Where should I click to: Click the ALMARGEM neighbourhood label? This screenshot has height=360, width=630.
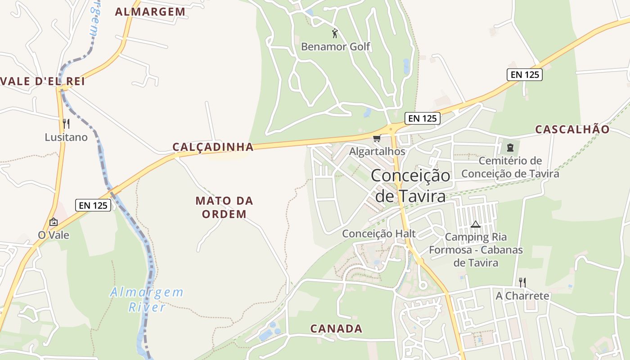[x=150, y=12]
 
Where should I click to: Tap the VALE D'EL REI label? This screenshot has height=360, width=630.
[x=43, y=81]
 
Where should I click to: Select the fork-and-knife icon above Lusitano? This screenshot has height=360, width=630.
[x=66, y=124]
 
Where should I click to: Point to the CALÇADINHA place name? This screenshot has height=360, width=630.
[x=213, y=147]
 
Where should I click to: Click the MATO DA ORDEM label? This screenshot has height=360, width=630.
[x=224, y=207]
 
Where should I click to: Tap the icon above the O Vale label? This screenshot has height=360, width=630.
[x=54, y=222]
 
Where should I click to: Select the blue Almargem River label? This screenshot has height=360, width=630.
[x=147, y=300]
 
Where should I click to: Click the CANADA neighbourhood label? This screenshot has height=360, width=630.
[x=336, y=328]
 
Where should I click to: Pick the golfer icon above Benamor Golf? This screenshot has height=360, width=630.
[x=335, y=33]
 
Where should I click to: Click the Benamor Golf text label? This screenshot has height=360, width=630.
[x=336, y=46]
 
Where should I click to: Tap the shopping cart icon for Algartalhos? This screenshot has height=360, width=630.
[x=377, y=139]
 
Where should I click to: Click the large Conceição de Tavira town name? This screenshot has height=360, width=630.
[x=410, y=185]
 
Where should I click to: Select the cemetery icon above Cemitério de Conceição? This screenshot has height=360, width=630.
[x=510, y=147]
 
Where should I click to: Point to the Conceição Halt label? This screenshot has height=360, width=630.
[x=379, y=234]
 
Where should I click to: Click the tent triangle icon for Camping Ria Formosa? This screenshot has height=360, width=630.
[x=476, y=224]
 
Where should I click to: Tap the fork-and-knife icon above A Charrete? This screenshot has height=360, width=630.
[x=522, y=283]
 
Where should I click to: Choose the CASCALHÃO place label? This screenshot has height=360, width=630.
[x=572, y=130]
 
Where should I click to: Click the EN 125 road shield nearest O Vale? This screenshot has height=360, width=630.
[x=93, y=205]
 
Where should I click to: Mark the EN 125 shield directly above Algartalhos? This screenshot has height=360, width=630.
[x=422, y=118]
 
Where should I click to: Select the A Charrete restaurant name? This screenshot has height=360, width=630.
[x=522, y=296]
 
